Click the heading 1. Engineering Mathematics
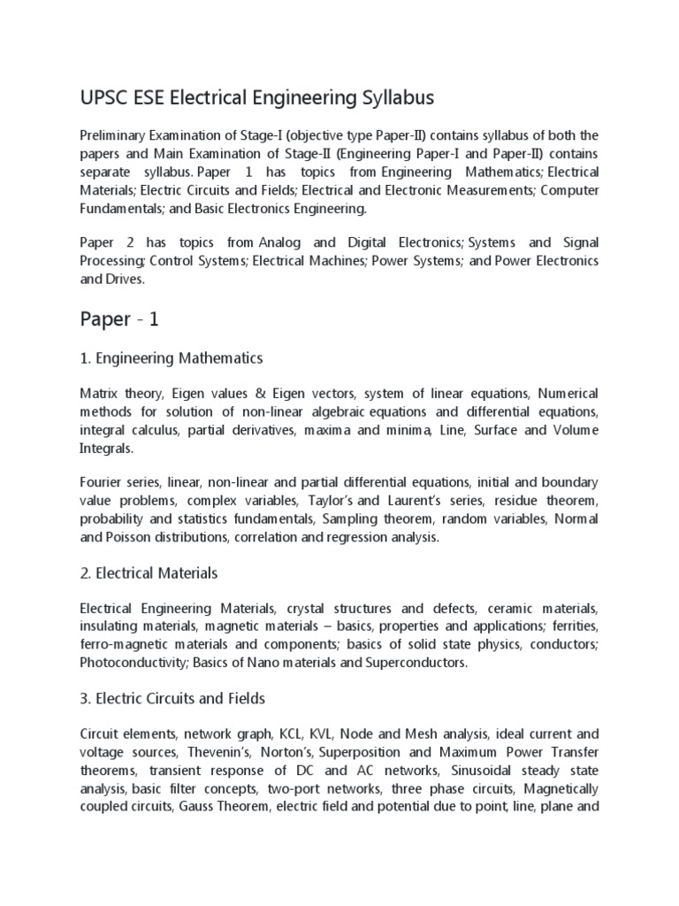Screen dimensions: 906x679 (x=172, y=358)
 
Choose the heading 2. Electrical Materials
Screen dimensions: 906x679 (x=149, y=573)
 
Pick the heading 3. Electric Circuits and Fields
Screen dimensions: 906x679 (x=172, y=698)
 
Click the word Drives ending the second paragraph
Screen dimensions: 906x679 (x=129, y=278)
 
